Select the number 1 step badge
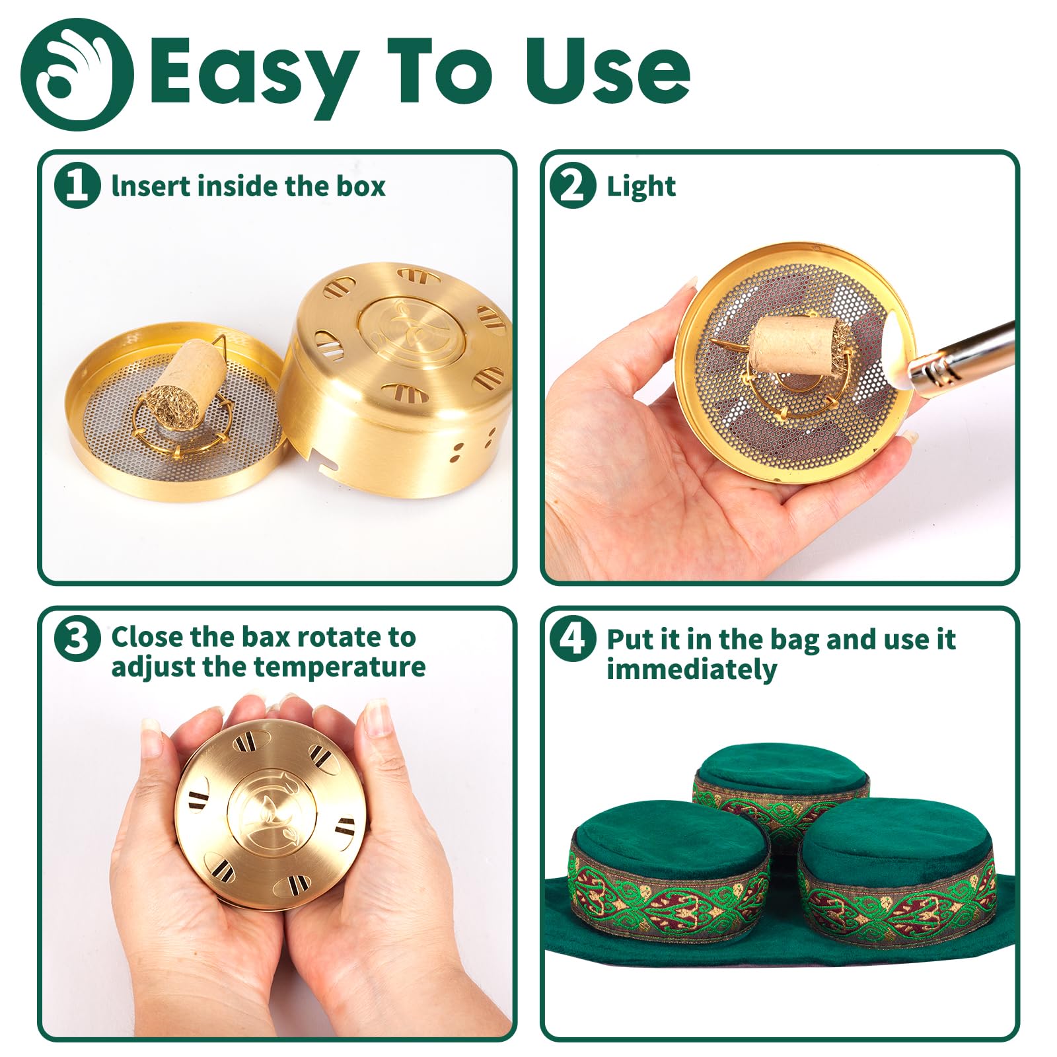coord(77,186)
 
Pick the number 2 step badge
coord(572,186)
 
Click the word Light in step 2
coord(641,187)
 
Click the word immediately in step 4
coord(692,669)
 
